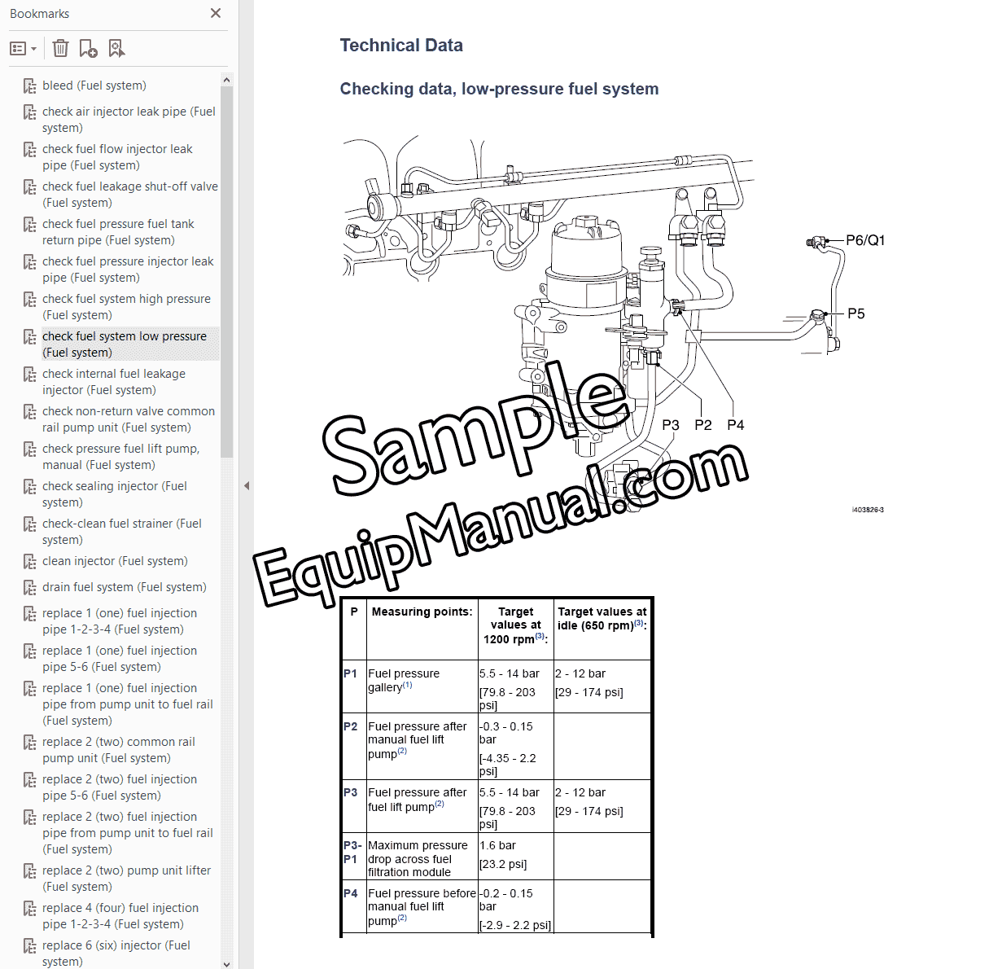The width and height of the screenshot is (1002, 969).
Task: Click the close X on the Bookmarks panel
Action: [216, 13]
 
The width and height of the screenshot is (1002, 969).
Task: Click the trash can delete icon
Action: [60, 49]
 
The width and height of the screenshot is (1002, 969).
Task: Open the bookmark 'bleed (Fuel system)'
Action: [94, 85]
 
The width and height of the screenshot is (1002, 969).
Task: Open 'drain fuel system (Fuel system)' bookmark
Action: [124, 587]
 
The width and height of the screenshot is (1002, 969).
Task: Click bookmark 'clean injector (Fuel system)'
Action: [115, 561]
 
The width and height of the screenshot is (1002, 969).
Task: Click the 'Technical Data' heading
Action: [401, 46]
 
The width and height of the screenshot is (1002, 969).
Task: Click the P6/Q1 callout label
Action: [864, 240]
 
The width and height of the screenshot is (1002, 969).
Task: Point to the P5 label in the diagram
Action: [855, 313]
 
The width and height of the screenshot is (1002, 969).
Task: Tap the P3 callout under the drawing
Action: [670, 425]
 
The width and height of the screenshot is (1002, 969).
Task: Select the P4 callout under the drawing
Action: [735, 425]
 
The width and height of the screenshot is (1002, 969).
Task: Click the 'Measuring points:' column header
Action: [422, 612]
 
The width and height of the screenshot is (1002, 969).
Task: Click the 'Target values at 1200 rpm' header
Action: [515, 625]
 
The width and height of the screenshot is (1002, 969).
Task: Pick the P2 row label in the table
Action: [351, 726]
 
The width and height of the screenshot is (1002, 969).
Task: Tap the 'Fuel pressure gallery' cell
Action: [404, 680]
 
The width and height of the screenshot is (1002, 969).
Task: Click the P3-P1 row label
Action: [352, 852]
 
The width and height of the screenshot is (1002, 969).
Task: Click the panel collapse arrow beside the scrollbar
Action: [247, 485]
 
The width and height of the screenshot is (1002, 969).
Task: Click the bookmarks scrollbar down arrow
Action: [226, 963]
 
